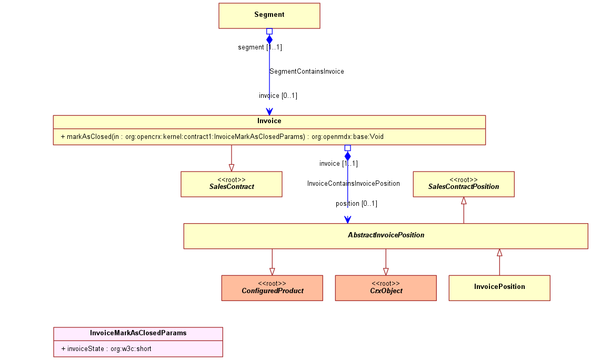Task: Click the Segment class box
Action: pos(269,16)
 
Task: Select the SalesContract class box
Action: pos(232,184)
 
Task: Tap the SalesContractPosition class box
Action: pos(464,184)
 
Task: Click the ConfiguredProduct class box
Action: pos(272,288)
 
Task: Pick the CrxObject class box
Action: pos(386,288)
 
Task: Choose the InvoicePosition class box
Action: pos(499,288)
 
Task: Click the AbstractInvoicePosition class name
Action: pos(386,235)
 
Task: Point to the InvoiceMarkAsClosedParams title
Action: pos(138,333)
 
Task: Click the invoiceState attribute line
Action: pos(106,349)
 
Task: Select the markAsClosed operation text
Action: pos(222,137)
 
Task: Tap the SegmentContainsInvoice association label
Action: pos(307,72)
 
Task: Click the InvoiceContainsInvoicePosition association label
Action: pos(354,184)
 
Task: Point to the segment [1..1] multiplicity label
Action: pos(260,47)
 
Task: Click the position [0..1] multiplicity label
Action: pos(357,204)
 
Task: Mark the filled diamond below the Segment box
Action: pos(269,39)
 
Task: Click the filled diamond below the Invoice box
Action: pos(347,156)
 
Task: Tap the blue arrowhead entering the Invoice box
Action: pos(269,112)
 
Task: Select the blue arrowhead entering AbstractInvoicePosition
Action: pos(347,220)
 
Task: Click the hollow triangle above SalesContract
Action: pos(232,168)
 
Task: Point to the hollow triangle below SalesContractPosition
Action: pos(464,201)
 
